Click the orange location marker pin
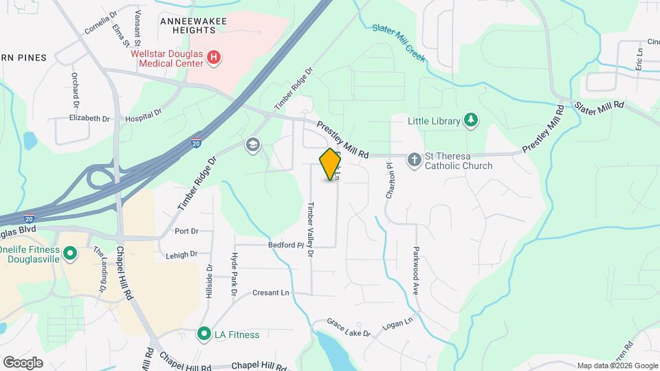[x=331, y=164]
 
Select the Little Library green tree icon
[x=470, y=121]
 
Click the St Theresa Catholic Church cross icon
[x=414, y=159]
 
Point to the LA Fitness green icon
[x=203, y=335]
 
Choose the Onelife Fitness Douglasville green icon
[x=69, y=254]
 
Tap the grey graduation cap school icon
[x=253, y=144]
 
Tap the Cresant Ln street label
[x=271, y=293]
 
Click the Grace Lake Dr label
[x=349, y=328]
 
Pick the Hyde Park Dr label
[x=234, y=274]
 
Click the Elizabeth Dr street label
[x=89, y=118]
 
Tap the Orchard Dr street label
[x=74, y=91]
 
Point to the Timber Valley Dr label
[x=311, y=229]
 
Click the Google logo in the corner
[x=23, y=363]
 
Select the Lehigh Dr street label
[x=181, y=255]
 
